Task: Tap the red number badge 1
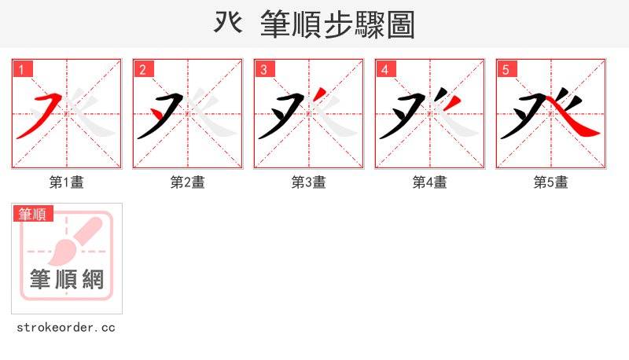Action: pyautogui.click(x=23, y=70)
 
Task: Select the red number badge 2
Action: pyautogui.click(x=144, y=70)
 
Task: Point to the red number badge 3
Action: pyautogui.click(x=265, y=70)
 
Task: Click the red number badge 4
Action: pyautogui.click(x=386, y=70)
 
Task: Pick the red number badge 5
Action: pyautogui.click(x=507, y=70)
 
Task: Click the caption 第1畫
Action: pyautogui.click(x=67, y=182)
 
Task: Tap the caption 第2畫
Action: pyautogui.click(x=188, y=182)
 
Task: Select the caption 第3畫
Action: pyautogui.click(x=309, y=182)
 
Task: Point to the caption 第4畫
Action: pyautogui.click(x=430, y=182)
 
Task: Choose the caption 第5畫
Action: pyautogui.click(x=551, y=182)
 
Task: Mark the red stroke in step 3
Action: pyautogui.click(x=319, y=97)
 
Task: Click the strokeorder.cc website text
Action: pyautogui.click(x=66, y=327)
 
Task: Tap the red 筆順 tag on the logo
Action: pyautogui.click(x=32, y=214)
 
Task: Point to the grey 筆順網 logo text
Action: pyautogui.click(x=67, y=279)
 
